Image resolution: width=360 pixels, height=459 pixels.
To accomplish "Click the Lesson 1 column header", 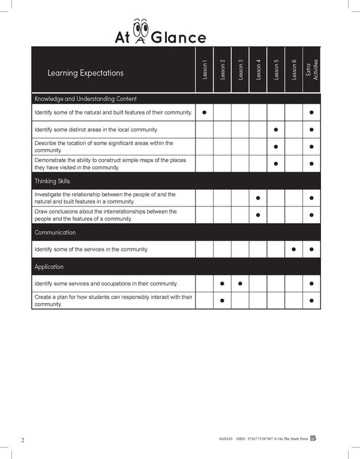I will [205, 71].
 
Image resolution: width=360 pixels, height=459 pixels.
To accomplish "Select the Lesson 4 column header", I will [258, 70].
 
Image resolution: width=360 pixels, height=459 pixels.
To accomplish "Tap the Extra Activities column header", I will [311, 71].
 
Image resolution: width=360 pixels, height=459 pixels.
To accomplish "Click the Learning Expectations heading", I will [85, 73].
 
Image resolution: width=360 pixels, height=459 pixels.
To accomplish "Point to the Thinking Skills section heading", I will [53, 181].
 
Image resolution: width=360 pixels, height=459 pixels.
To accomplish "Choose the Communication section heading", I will [55, 232].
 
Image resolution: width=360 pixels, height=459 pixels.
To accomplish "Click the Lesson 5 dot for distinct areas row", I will [275, 130].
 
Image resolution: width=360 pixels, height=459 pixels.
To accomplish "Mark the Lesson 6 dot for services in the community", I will [293, 249].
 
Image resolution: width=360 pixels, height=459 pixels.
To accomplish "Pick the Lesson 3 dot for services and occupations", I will [240, 283].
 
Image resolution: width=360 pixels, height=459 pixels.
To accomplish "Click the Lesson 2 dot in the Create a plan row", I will [222, 301].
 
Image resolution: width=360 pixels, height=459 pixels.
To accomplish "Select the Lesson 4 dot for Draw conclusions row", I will [258, 215].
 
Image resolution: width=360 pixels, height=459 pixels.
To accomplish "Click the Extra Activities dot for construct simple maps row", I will [311, 164].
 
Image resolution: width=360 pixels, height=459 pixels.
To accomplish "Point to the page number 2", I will [22, 440].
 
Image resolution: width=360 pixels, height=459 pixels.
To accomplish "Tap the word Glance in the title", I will [179, 38].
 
